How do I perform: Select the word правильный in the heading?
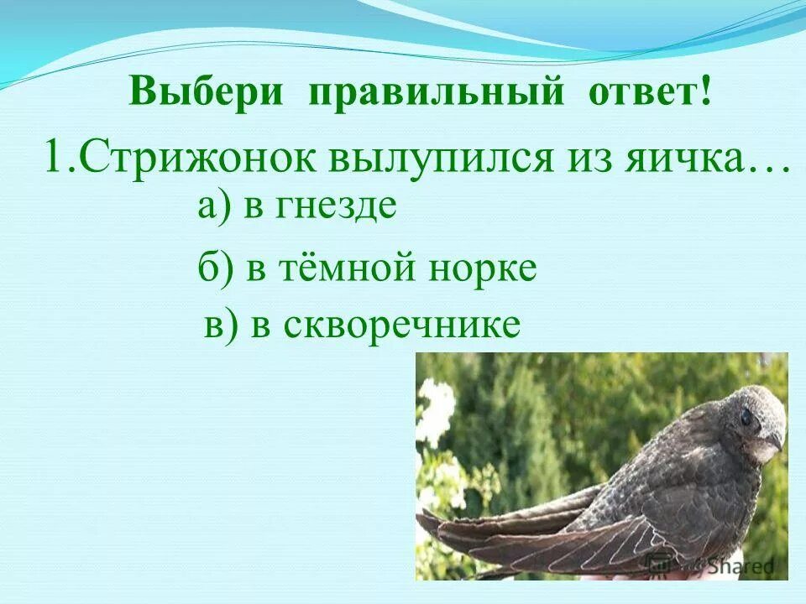(436, 91)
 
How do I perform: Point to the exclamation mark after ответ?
(703, 90)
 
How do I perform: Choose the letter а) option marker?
(214, 206)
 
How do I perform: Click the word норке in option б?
(480, 268)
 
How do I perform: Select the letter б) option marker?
(215, 268)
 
